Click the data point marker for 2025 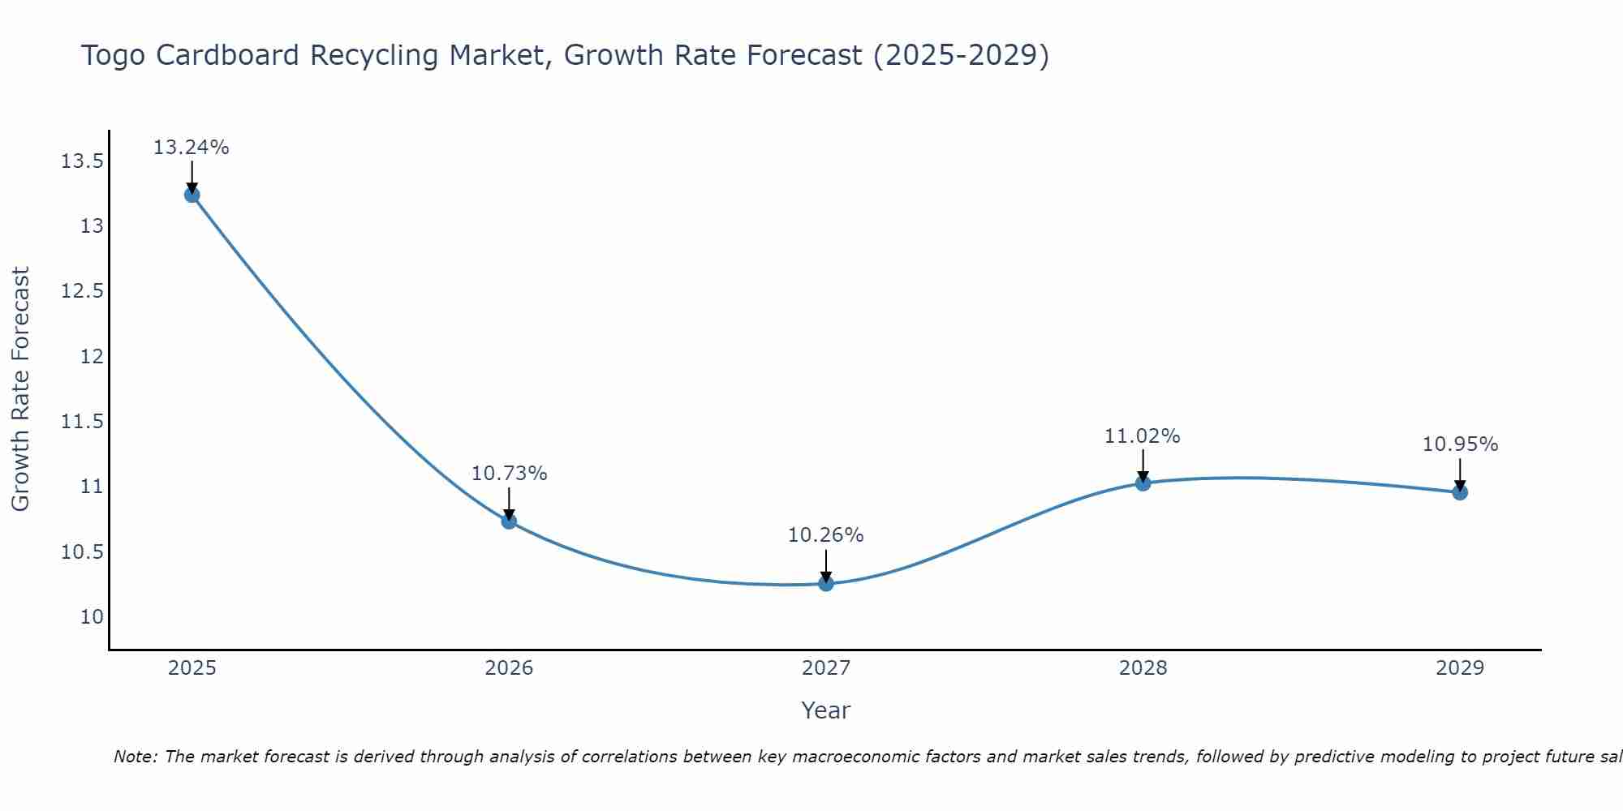[x=192, y=195]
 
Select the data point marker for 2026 [x=509, y=521]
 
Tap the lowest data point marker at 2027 [x=826, y=583]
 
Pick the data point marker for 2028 [x=1143, y=483]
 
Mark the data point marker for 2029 [x=1460, y=492]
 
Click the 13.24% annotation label [x=192, y=148]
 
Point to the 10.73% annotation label [x=509, y=474]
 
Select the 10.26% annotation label [x=826, y=535]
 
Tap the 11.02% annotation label [x=1143, y=436]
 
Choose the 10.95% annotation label [x=1460, y=444]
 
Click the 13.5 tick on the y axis [x=82, y=161]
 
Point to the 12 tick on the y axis [x=93, y=356]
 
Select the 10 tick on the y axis [x=93, y=616]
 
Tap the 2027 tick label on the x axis [x=826, y=668]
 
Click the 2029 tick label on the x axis [x=1460, y=668]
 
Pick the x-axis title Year [x=826, y=710]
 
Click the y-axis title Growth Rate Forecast [x=21, y=389]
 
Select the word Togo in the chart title [x=114, y=56]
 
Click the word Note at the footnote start [x=136, y=757]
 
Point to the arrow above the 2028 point [x=1143, y=465]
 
